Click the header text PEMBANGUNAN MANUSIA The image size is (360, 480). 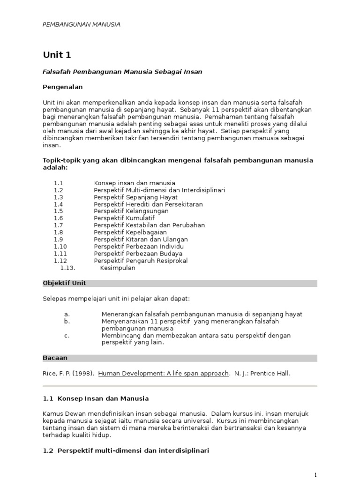click(x=82, y=24)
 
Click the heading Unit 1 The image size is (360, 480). click(x=57, y=55)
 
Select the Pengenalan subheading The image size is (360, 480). click(x=63, y=87)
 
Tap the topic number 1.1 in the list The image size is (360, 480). click(x=58, y=183)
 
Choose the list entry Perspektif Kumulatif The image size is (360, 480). click(x=124, y=218)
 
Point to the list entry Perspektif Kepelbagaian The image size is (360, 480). click(x=130, y=232)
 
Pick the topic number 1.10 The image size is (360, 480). click(x=60, y=247)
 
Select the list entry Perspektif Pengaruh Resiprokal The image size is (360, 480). click(x=141, y=261)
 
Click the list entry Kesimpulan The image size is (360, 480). click(x=118, y=268)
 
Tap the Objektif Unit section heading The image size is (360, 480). click(x=64, y=283)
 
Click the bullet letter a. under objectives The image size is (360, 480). click(x=67, y=314)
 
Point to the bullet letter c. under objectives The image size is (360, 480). click(x=67, y=336)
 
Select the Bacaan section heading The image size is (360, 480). click(x=55, y=358)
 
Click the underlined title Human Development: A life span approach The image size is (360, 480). click(x=164, y=374)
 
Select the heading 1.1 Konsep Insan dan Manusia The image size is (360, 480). click(x=96, y=398)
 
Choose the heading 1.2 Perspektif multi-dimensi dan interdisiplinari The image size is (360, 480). click(x=126, y=450)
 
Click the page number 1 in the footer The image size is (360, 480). click(x=316, y=475)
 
